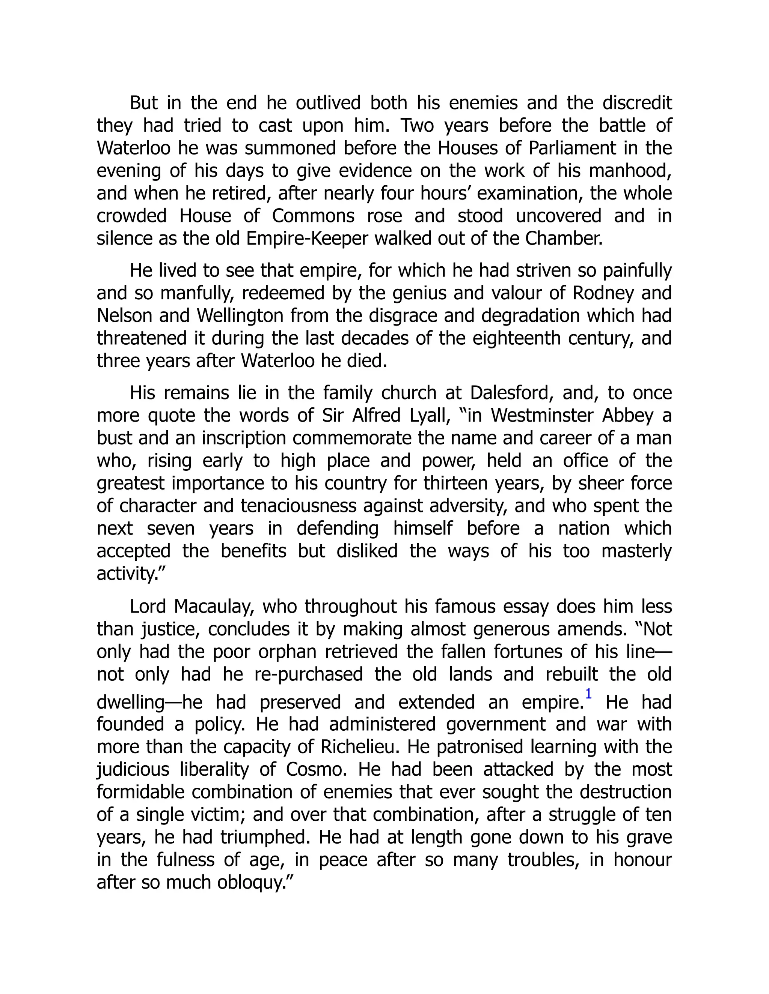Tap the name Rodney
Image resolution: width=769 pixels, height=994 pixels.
603,293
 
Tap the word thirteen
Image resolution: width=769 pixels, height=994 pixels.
454,483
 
